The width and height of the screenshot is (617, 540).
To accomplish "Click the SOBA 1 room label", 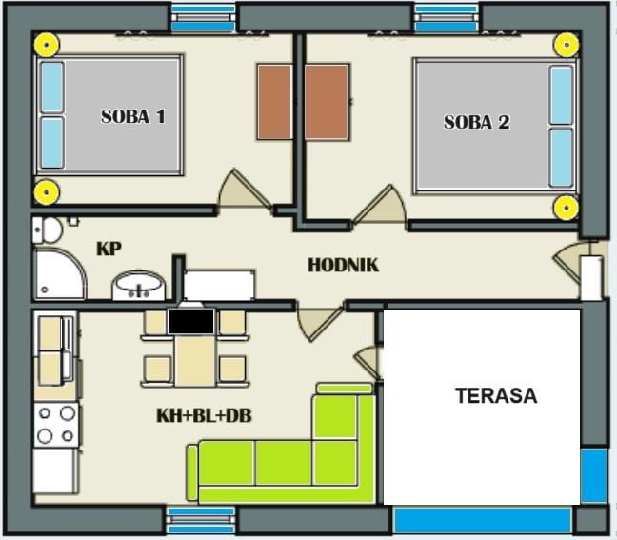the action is (x=133, y=116).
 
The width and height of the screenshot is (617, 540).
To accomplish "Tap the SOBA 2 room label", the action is (x=476, y=122).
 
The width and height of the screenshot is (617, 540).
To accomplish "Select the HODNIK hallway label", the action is (x=343, y=266).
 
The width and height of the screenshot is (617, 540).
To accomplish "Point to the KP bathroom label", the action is (x=109, y=249).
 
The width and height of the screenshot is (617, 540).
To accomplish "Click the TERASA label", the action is (x=496, y=395).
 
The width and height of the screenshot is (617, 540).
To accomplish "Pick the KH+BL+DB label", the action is (x=204, y=415).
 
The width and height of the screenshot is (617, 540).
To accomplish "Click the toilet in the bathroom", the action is (x=48, y=230).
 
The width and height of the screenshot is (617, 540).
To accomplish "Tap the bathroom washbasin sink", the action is (x=138, y=286).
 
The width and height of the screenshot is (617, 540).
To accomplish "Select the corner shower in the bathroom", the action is (x=60, y=274).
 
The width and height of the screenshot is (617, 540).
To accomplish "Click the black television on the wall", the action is (x=190, y=322).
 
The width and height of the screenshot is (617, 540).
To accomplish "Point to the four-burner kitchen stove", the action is (x=56, y=425).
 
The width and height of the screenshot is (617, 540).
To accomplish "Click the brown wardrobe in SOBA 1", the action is (x=274, y=102).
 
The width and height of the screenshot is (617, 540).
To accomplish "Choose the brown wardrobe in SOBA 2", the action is (x=327, y=102).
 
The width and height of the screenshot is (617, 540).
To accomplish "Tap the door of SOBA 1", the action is (x=244, y=190).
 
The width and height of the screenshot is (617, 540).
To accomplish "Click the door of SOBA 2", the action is (x=381, y=207).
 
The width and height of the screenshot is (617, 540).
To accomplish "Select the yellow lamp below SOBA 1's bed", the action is (x=47, y=192).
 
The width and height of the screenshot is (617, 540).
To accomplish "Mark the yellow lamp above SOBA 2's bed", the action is (x=567, y=45).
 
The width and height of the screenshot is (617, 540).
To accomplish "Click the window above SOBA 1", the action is (x=204, y=18).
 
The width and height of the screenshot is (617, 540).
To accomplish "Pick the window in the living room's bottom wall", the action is (x=201, y=520).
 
